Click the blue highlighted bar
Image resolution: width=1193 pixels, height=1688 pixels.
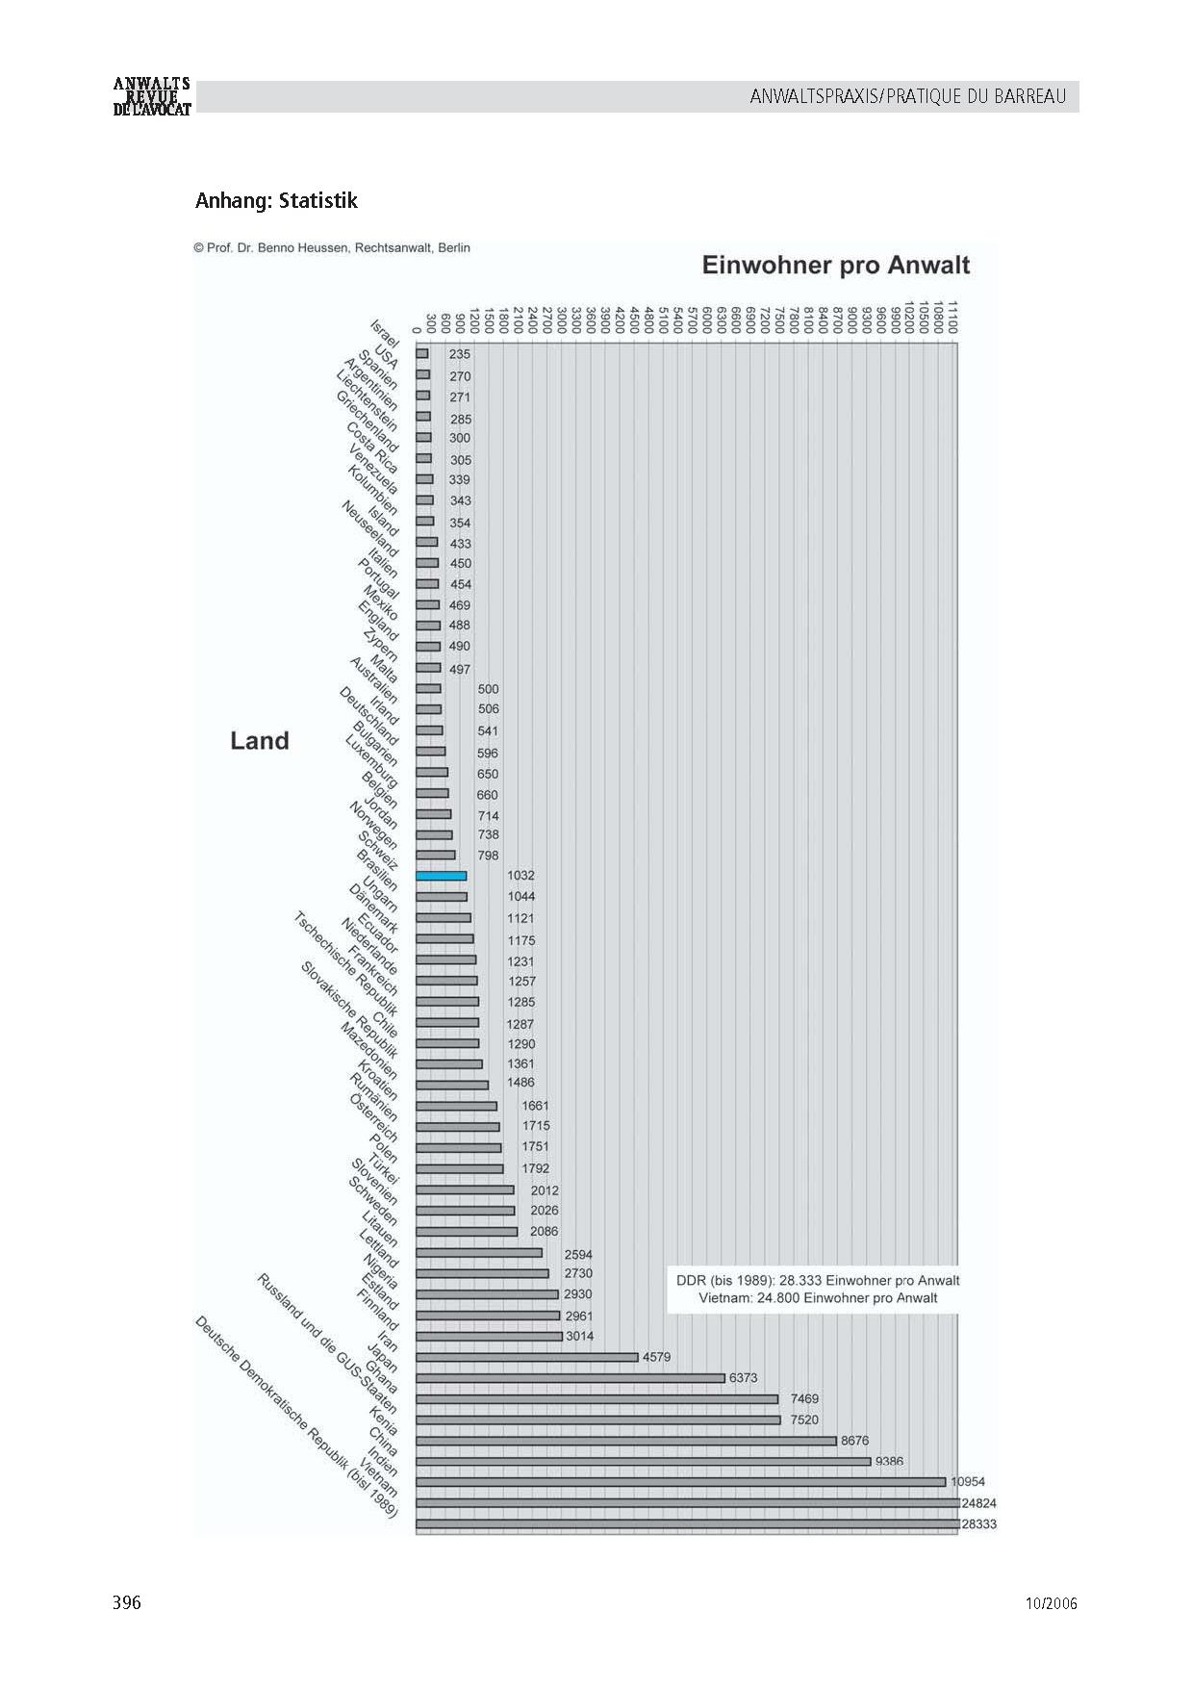click(441, 876)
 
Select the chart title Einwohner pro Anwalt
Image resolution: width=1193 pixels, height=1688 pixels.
click(835, 266)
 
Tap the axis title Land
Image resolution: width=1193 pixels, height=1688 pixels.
click(260, 740)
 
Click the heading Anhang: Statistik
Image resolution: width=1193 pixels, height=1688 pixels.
click(276, 200)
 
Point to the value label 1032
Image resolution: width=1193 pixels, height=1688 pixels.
click(520, 876)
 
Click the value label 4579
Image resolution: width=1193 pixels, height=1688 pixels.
click(656, 1357)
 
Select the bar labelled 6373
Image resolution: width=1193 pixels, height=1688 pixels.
click(570, 1378)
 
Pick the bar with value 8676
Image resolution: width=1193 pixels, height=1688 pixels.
click(625, 1441)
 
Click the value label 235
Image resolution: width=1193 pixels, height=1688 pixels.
click(460, 354)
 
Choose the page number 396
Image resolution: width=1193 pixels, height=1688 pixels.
click(127, 1602)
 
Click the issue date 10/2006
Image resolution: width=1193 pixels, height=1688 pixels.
click(1051, 1603)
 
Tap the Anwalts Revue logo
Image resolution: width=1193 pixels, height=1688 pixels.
click(152, 96)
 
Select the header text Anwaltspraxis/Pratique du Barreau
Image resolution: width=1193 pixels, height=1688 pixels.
click(907, 96)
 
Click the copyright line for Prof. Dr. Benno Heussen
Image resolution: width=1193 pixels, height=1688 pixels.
click(332, 247)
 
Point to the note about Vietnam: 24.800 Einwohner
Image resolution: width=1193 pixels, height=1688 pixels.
click(818, 1298)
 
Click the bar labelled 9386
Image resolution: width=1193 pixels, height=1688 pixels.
click(643, 1462)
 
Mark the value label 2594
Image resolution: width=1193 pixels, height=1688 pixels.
click(578, 1254)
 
